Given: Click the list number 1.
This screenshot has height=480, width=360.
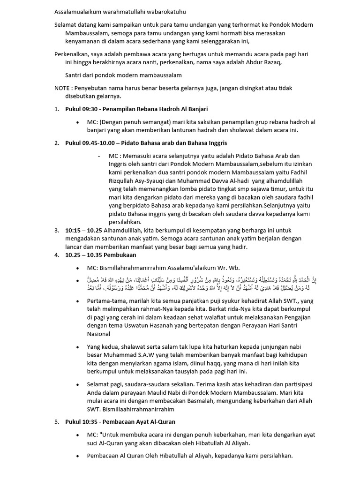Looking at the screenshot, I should click(56, 109).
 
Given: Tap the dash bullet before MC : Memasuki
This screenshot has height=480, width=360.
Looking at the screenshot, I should click(99, 156).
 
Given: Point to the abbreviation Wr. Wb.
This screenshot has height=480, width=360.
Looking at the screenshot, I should click(227, 268).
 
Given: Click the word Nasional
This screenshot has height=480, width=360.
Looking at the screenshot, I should click(100, 334).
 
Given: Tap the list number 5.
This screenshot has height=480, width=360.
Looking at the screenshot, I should click(56, 421).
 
